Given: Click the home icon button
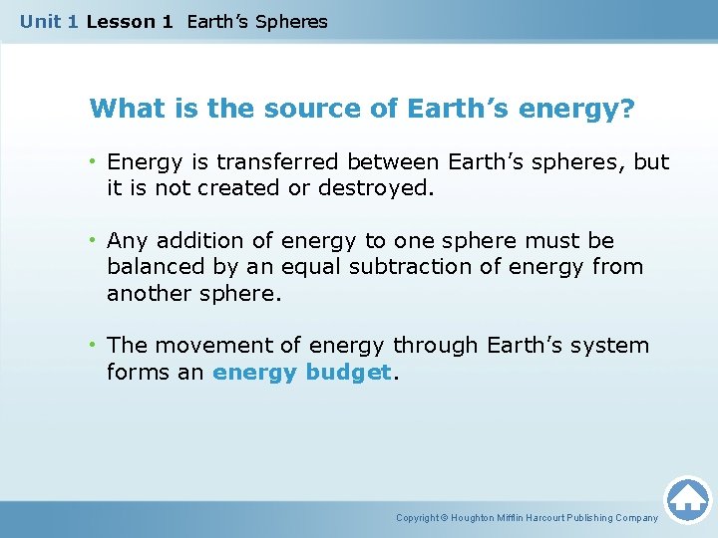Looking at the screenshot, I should (x=687, y=499).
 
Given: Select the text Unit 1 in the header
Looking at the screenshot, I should (x=49, y=21).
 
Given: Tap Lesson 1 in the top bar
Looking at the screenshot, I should (x=131, y=21).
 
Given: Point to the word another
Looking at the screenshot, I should (x=148, y=292).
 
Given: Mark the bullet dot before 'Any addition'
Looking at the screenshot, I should (x=94, y=240).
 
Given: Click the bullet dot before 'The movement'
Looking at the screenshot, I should (x=94, y=345).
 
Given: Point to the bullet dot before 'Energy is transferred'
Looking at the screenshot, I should (x=94, y=161).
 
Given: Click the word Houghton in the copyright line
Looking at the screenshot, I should (x=477, y=517).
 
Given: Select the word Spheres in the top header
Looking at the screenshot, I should (x=291, y=21).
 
